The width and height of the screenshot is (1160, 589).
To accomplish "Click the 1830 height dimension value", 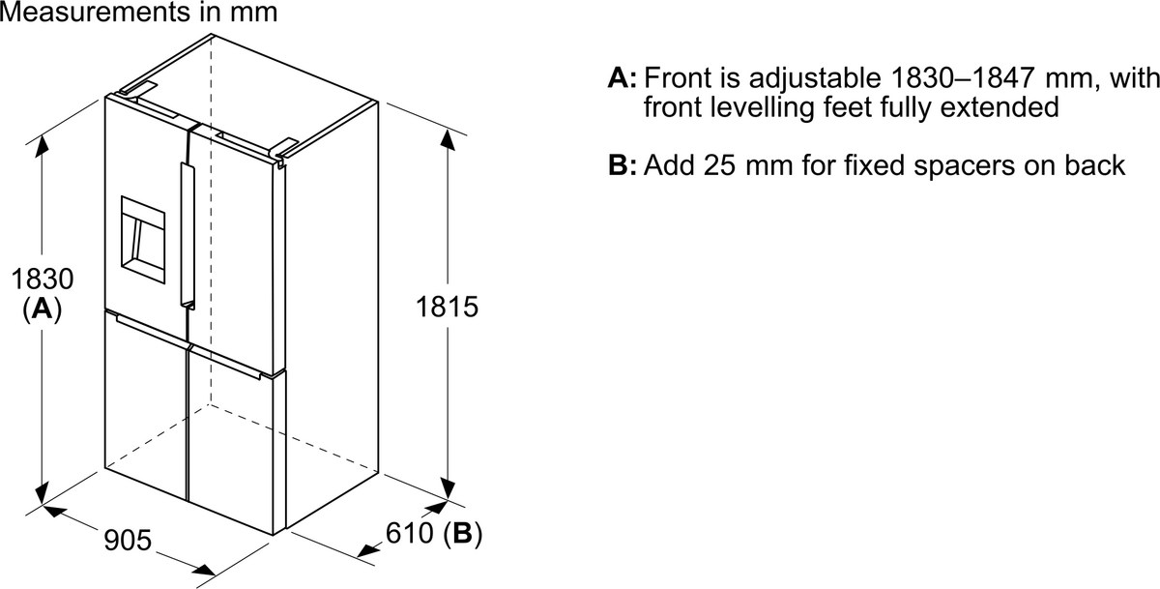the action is (43, 279).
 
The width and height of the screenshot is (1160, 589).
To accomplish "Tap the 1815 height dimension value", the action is (447, 307).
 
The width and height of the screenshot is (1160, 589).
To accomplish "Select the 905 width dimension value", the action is (128, 540).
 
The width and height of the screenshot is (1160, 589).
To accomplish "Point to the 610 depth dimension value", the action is (409, 533).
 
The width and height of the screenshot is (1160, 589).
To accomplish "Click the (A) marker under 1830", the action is (43, 309).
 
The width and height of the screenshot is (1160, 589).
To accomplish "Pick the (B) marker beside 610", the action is (462, 534).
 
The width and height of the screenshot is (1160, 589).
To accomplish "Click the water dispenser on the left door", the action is (143, 240).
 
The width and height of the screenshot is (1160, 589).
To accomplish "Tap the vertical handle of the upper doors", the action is (187, 236).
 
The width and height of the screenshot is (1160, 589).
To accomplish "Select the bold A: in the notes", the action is (622, 78).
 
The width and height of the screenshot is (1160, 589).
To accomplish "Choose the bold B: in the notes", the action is (622, 165).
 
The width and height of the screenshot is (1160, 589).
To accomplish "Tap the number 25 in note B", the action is (719, 165).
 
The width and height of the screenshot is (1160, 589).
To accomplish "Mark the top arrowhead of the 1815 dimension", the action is (448, 140).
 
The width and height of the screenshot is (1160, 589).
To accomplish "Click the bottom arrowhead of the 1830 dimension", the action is (42, 492).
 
